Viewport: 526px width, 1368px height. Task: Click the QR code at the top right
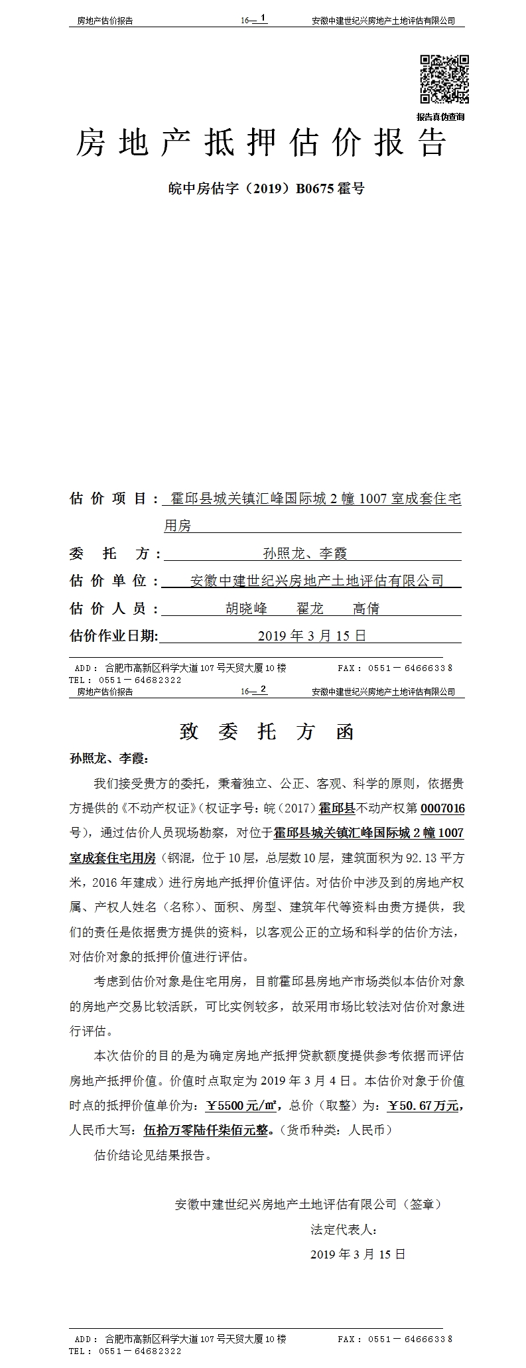pyautogui.click(x=444, y=79)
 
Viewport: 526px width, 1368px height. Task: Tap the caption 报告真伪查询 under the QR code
pyautogui.click(x=440, y=117)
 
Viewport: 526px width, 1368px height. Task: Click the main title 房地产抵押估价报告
pyautogui.click(x=261, y=142)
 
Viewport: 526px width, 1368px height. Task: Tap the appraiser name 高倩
pyautogui.click(x=365, y=609)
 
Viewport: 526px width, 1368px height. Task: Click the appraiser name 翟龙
pyautogui.click(x=310, y=609)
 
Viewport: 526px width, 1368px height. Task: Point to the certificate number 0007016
pyautogui.click(x=442, y=808)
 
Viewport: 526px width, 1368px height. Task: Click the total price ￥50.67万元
pyautogui.click(x=423, y=1106)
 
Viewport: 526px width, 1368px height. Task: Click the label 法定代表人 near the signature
pyautogui.click(x=344, y=1229)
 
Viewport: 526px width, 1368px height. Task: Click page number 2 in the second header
pyautogui.click(x=263, y=689)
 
